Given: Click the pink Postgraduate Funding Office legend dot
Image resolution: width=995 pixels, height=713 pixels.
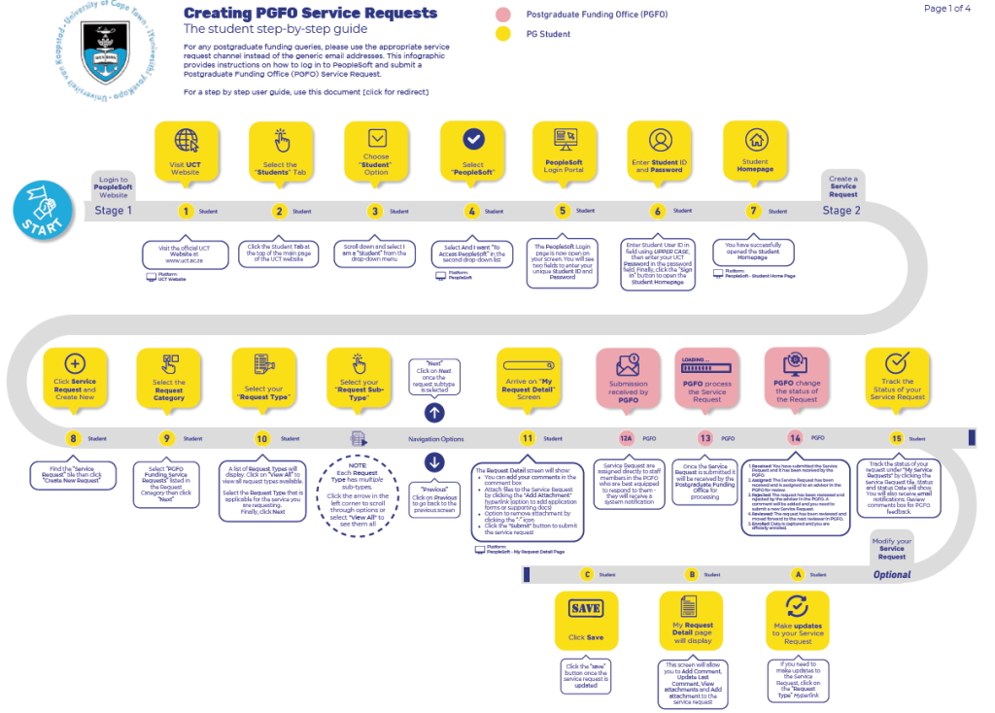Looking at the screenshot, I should (502, 15).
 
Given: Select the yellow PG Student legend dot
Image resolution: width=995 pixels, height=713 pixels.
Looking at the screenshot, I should (502, 34).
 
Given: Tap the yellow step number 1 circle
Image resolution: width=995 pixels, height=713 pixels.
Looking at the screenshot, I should (186, 211).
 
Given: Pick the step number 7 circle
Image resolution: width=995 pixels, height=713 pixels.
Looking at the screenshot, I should (753, 211).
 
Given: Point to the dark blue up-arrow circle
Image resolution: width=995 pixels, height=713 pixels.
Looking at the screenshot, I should (433, 413).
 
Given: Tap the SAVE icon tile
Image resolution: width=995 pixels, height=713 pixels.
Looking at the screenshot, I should (586, 620).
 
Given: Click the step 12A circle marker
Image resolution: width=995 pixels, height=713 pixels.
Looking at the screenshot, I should (626, 438).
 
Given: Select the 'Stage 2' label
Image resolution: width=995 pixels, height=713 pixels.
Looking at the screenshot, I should (842, 210).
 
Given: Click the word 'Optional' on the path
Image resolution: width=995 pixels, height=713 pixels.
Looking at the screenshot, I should (891, 574).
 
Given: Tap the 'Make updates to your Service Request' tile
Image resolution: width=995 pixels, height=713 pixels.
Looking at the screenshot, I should (798, 620).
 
